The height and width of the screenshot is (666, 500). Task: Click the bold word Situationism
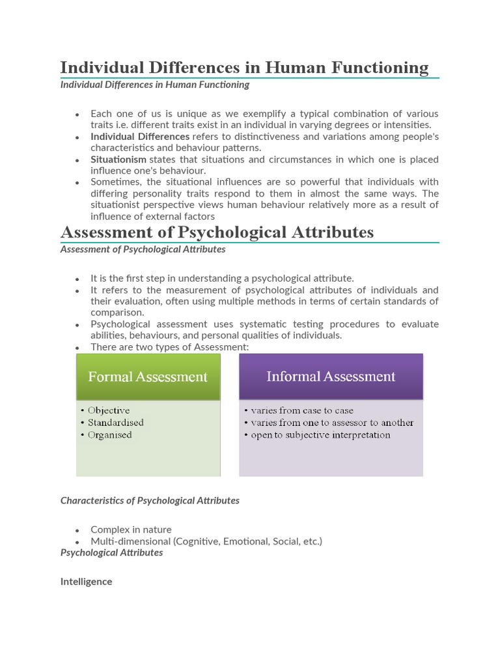tap(118, 159)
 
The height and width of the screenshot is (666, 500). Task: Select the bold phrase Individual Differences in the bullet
tap(140, 137)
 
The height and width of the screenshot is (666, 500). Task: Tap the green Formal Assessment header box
tap(148, 377)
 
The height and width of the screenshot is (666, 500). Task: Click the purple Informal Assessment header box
tap(331, 377)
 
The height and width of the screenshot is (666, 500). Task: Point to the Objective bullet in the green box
tap(109, 410)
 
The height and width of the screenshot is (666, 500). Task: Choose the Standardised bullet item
tap(116, 423)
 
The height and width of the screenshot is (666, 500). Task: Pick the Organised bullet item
tap(110, 435)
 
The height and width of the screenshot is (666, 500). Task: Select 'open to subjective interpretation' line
tap(320, 435)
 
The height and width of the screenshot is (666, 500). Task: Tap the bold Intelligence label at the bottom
tap(86, 581)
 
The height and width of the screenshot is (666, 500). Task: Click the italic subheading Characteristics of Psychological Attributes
tap(150, 500)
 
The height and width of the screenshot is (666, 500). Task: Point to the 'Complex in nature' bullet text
tap(131, 529)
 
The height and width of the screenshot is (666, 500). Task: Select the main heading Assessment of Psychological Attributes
tap(217, 232)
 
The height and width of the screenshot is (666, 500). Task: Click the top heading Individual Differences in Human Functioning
tap(244, 68)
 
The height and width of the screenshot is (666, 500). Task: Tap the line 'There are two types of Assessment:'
tap(170, 347)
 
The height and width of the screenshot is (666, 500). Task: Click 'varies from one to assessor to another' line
tap(332, 423)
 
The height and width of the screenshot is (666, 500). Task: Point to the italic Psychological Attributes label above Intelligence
tap(111, 552)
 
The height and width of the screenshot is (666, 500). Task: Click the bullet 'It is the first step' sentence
tap(222, 278)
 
